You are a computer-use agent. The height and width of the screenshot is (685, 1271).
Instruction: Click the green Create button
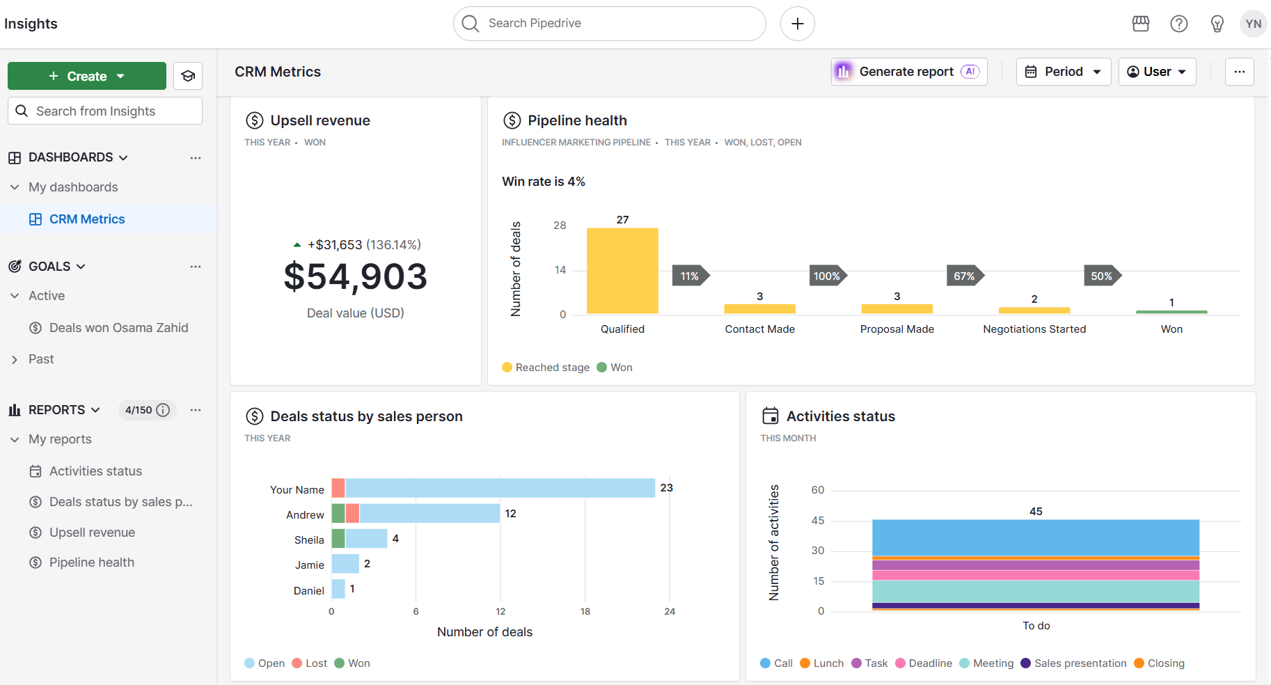[86, 76]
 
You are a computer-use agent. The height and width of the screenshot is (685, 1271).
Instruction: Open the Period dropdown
[1063, 72]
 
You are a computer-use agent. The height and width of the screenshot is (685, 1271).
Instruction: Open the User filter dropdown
[1156, 72]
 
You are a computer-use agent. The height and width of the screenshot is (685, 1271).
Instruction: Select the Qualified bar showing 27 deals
[622, 271]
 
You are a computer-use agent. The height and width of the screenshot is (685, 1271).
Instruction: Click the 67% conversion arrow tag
[964, 276]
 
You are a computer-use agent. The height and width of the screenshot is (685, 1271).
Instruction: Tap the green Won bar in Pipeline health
[1171, 312]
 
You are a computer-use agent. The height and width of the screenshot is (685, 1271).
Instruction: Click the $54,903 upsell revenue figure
[355, 276]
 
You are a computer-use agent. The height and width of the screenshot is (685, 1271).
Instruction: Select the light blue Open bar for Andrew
[429, 514]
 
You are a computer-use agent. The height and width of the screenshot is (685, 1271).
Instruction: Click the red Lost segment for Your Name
[338, 488]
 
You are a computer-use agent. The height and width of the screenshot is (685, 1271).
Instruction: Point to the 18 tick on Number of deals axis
[585, 611]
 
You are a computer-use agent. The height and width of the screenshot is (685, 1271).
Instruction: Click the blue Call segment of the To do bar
[1035, 537]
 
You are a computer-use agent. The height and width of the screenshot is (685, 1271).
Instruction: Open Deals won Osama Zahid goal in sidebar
[118, 328]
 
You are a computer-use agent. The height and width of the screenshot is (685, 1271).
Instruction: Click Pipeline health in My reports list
[91, 562]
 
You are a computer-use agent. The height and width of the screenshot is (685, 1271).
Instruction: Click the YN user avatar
[1253, 24]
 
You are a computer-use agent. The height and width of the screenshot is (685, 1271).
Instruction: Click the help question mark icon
[1178, 24]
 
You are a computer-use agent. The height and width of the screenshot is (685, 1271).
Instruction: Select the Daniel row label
[308, 590]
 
